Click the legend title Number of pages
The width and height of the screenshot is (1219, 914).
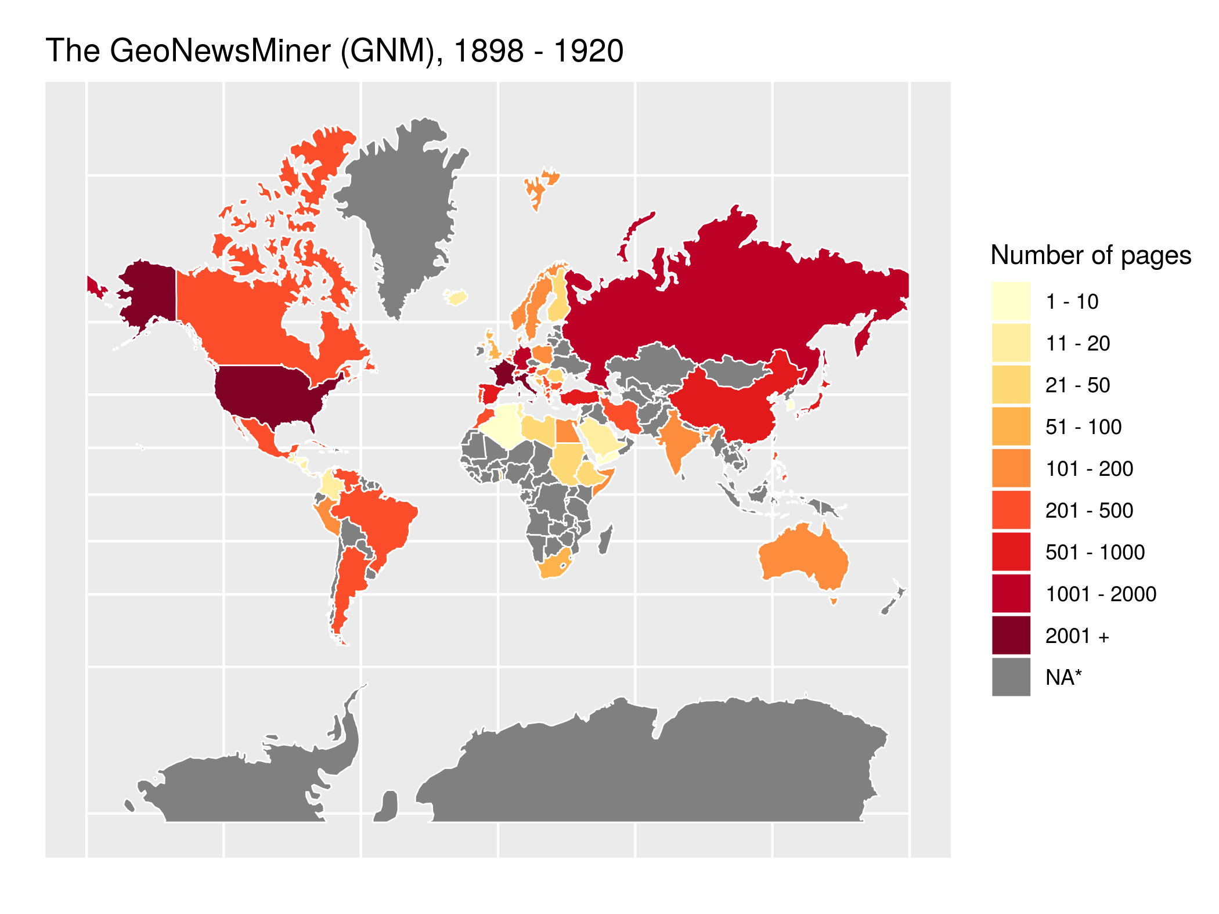click(x=1090, y=255)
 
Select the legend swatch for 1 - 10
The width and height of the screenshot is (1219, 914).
click(x=1011, y=301)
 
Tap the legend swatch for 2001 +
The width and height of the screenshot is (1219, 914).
click(x=1011, y=635)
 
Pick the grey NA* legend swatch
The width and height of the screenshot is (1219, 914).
click(x=1011, y=677)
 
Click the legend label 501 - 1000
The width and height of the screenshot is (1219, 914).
click(x=1095, y=552)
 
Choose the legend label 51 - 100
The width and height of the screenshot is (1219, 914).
click(x=1083, y=427)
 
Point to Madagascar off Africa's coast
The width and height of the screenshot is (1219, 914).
click(x=604, y=540)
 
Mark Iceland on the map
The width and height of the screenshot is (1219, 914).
click(x=457, y=298)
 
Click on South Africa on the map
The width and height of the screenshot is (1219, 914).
click(x=554, y=566)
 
